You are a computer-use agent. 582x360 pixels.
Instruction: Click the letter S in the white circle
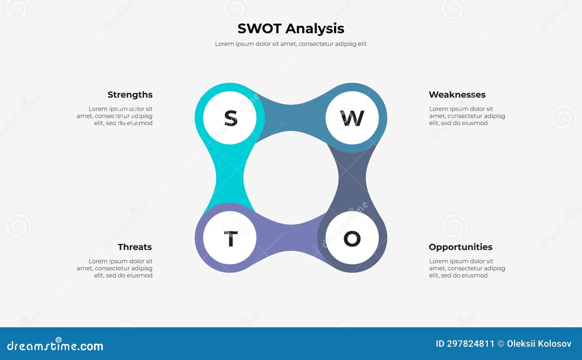[x=230, y=118]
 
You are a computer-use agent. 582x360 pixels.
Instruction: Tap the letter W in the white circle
[x=352, y=118]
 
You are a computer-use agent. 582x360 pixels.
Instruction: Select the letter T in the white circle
[x=230, y=239]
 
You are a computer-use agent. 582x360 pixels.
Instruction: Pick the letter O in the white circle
[x=352, y=239]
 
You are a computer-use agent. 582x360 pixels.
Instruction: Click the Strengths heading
[x=130, y=95]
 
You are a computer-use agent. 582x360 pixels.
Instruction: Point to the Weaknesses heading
[x=457, y=95]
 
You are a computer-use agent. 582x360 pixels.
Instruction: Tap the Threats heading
[x=135, y=247]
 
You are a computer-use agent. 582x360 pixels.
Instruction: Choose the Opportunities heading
[x=460, y=247]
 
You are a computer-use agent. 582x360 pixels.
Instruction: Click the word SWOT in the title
[x=259, y=28]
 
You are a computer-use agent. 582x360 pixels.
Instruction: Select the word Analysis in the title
[x=315, y=28]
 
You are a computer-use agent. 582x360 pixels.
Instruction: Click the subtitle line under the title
[x=291, y=44]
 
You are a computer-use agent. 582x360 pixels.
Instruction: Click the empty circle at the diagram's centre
[x=291, y=178]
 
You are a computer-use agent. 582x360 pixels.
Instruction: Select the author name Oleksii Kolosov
[x=539, y=344]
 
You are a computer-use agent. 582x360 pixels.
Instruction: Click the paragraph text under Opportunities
[x=467, y=268]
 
